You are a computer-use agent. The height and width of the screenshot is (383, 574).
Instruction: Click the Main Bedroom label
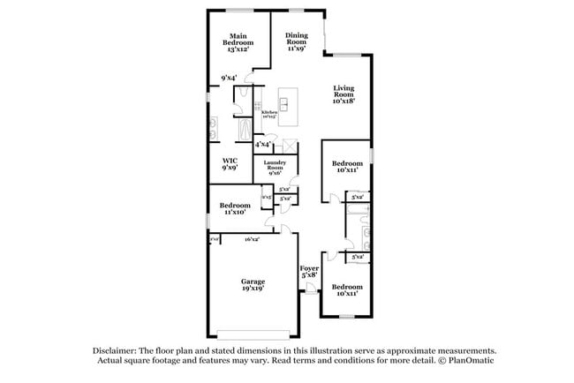(238, 42)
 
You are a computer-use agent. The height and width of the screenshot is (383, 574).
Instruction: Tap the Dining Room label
(296, 41)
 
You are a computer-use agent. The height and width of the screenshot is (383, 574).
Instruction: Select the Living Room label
(344, 94)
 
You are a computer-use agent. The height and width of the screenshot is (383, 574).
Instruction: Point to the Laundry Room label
(269, 167)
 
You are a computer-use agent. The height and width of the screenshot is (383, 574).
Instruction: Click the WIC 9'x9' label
(230, 163)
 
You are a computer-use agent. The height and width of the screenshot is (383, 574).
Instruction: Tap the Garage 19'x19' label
(253, 284)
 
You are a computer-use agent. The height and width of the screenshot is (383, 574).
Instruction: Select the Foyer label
(308, 272)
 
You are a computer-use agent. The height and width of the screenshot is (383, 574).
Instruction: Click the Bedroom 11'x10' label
(235, 208)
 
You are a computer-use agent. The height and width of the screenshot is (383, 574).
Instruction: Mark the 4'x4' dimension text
(262, 144)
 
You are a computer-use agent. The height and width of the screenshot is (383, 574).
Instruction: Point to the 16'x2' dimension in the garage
(251, 238)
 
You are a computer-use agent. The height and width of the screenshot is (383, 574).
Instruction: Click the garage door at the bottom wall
(253, 335)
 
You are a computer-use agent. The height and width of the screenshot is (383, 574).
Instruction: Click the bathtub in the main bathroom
(245, 131)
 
